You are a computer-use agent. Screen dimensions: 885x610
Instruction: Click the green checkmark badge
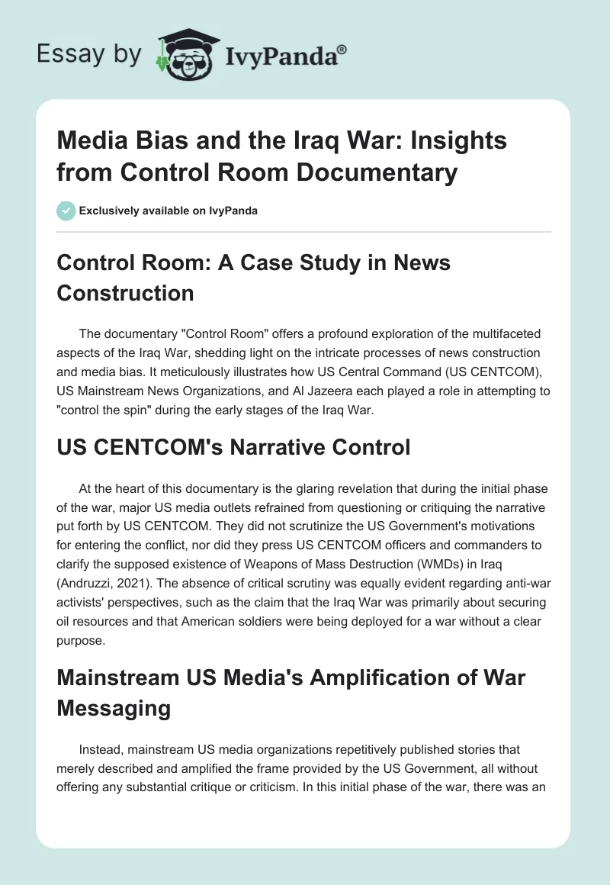click(66, 211)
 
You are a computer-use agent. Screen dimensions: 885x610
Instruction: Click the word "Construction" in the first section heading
click(126, 293)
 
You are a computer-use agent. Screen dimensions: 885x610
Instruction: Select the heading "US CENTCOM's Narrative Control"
click(233, 447)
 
